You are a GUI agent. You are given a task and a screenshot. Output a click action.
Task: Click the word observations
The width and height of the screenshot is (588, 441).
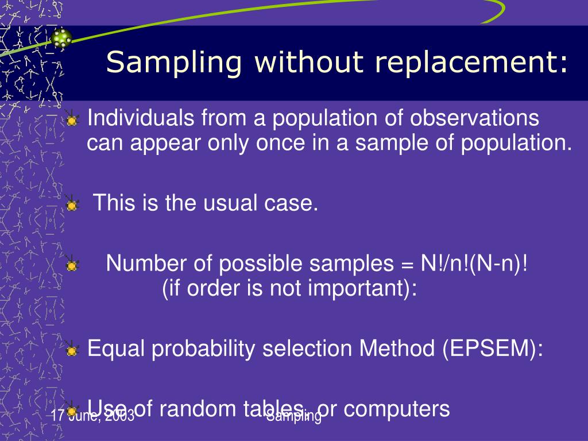474,119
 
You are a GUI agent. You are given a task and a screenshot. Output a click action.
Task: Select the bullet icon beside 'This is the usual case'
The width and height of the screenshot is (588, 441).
71,204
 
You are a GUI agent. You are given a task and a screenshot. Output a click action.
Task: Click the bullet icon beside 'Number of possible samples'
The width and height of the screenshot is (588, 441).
71,265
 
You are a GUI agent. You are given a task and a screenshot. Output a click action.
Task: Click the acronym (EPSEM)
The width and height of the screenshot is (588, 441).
492,349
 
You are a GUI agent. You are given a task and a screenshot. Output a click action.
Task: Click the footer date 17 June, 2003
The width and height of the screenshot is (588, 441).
92,416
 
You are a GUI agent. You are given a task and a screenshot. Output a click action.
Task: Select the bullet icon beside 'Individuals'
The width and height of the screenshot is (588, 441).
71,121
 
